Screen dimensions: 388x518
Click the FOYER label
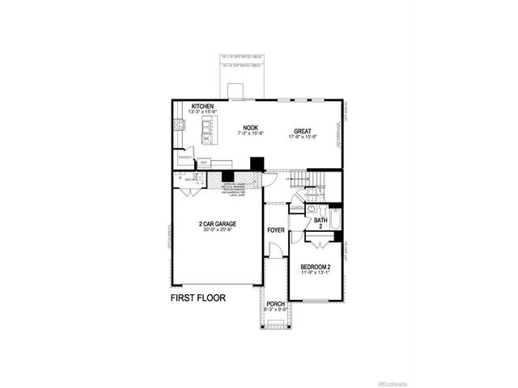point(276,230)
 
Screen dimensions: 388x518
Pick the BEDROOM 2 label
point(316,266)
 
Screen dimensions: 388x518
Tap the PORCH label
point(276,304)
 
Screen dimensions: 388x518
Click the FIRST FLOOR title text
point(197,297)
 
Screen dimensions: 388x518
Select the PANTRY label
point(184,157)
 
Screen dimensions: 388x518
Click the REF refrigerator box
point(204,162)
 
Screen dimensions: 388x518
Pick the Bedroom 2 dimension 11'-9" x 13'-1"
point(316,273)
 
